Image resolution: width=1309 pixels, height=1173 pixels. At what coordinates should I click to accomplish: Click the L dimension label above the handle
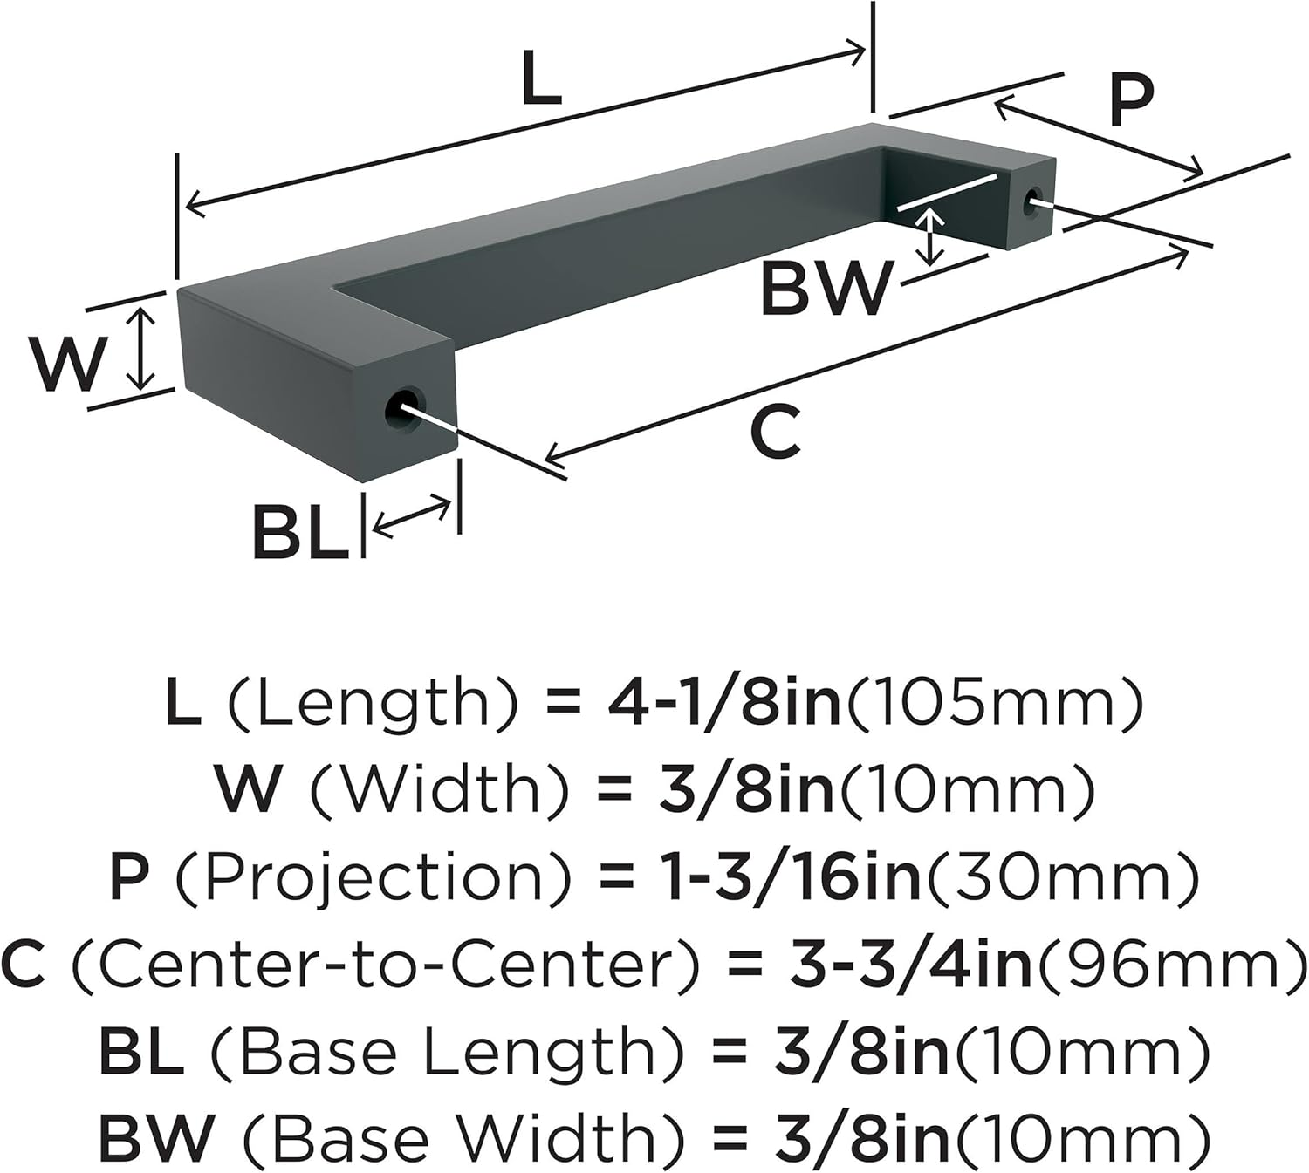coord(541,79)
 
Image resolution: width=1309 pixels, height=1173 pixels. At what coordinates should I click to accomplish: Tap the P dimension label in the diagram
coord(1131,100)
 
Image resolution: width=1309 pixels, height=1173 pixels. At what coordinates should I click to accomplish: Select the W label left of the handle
coord(69,364)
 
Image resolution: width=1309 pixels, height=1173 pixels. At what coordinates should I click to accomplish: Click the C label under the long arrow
coord(775,433)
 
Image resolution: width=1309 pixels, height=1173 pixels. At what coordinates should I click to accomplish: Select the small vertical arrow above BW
coord(932,236)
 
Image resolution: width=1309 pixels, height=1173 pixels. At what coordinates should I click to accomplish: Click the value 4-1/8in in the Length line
coord(723,704)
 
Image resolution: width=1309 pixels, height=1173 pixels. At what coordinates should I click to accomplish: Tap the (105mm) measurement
coord(995,704)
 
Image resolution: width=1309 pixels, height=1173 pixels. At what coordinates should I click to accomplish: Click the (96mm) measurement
coord(1170,965)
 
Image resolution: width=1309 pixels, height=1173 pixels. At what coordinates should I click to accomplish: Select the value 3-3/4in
coord(910,965)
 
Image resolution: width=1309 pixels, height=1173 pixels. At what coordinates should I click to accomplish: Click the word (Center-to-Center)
coord(385,965)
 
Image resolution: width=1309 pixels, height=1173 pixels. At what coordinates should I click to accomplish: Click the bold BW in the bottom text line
coord(156,1138)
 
